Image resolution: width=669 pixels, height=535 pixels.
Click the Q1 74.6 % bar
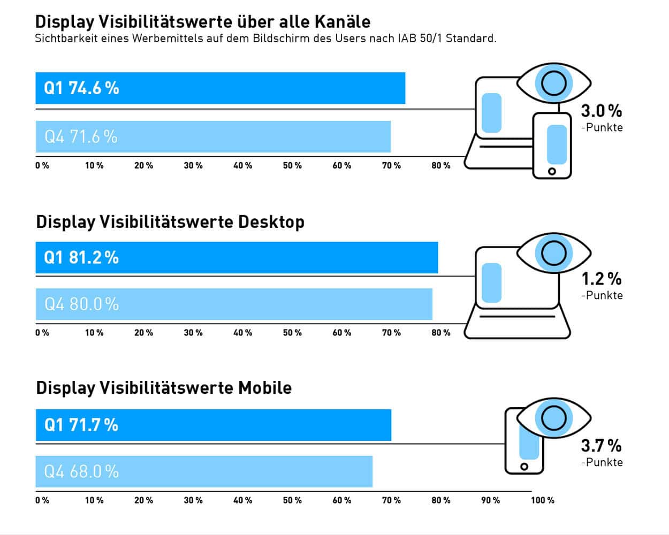[220, 88]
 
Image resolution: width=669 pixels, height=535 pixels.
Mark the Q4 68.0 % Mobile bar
[204, 472]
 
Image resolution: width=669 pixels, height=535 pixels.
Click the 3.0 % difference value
[601, 111]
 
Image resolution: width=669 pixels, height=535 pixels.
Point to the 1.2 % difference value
[601, 279]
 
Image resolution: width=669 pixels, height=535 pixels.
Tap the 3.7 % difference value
[601, 446]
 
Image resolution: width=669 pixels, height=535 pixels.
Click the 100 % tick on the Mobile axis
[542, 500]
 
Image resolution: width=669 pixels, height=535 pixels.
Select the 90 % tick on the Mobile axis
[490, 500]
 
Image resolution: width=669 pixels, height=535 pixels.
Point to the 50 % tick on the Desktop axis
[292, 333]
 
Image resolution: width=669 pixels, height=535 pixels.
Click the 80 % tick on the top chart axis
[441, 166]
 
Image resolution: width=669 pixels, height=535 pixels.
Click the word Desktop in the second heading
[271, 222]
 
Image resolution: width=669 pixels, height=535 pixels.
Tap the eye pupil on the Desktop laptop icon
[553, 253]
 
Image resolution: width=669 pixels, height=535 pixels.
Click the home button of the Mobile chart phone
[524, 467]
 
